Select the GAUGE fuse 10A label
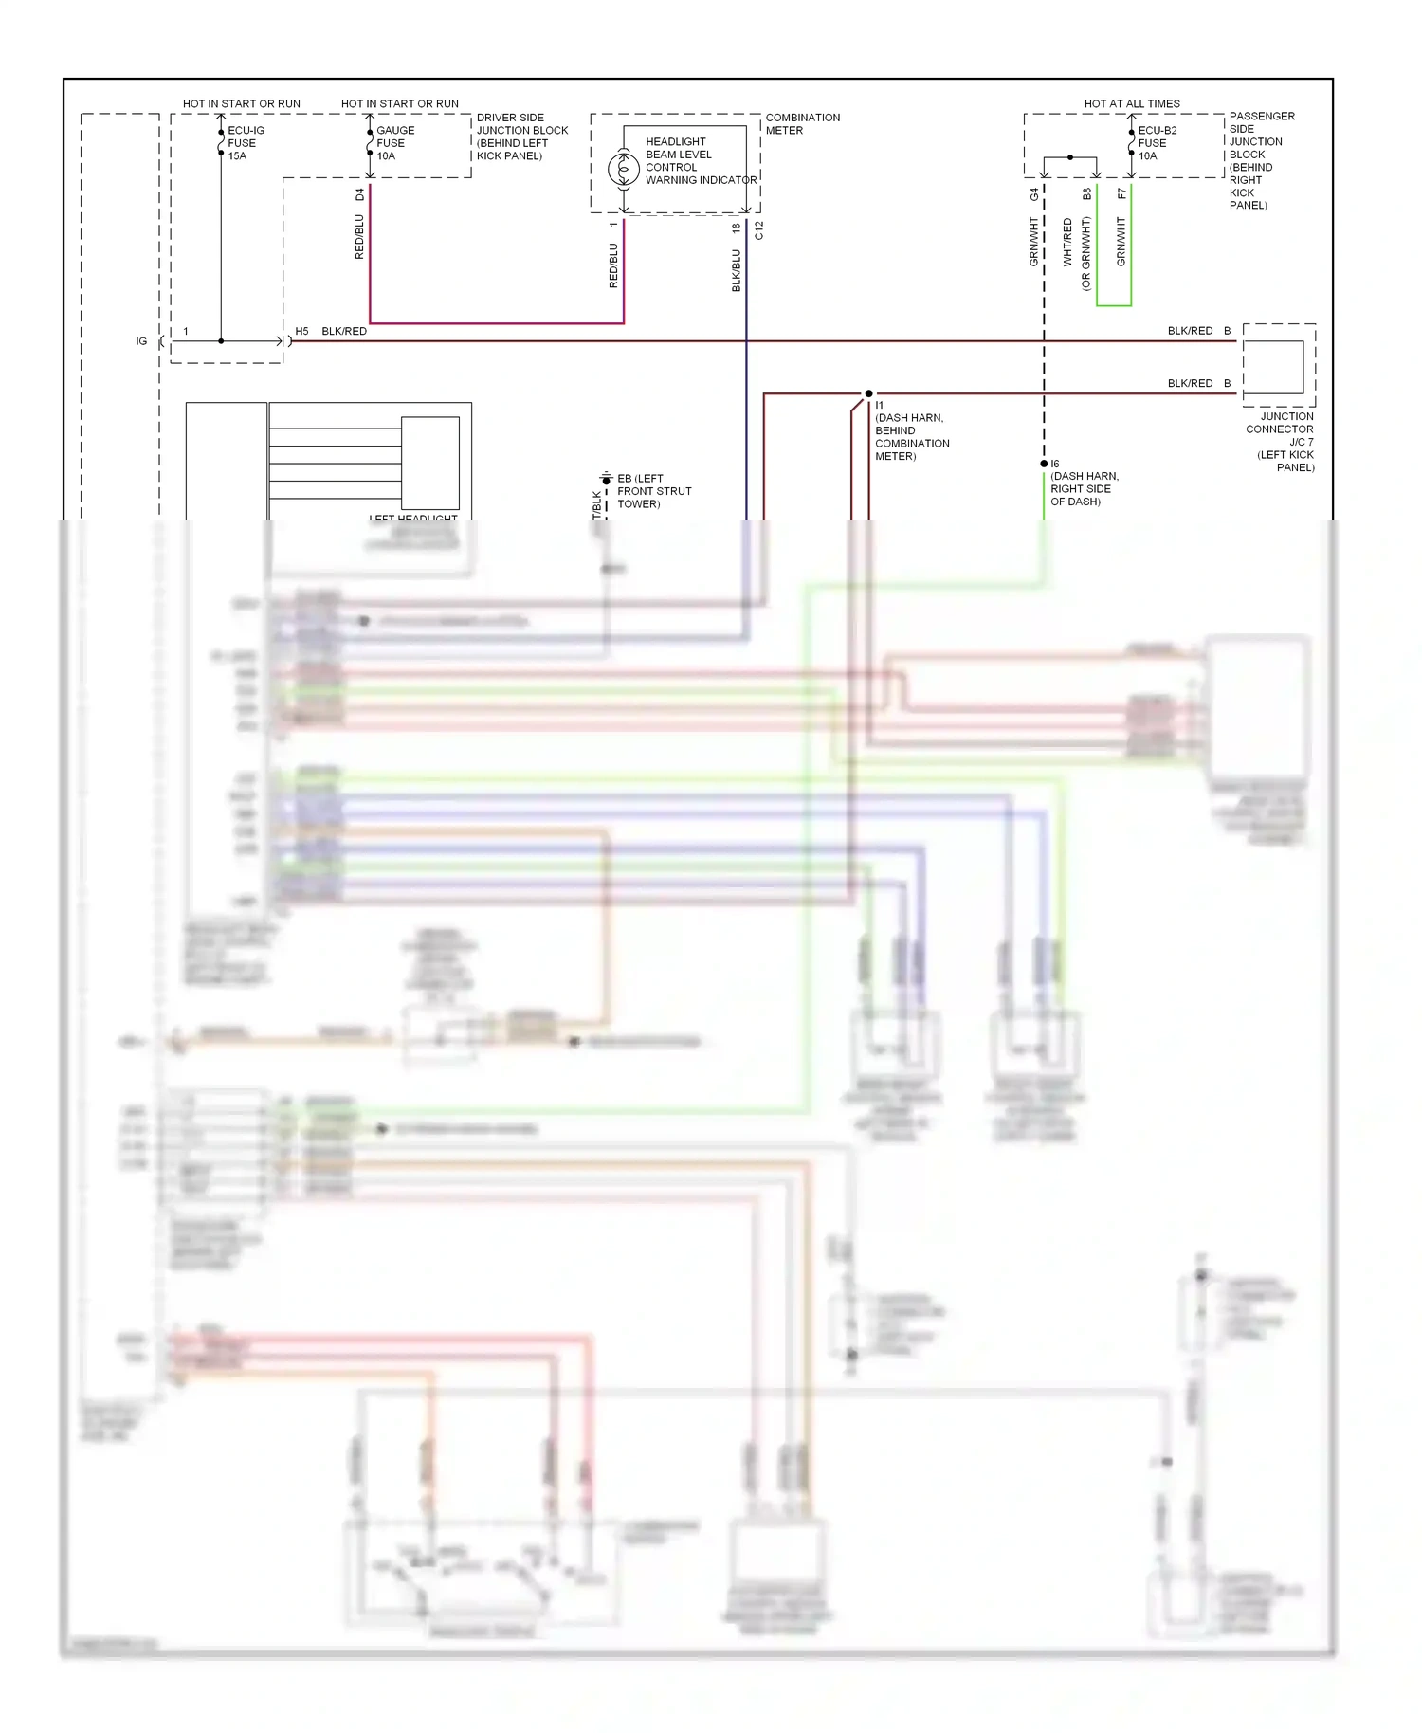394,143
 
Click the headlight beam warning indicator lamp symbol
624,170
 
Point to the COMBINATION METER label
802,124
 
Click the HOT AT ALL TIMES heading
1132,103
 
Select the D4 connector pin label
359,194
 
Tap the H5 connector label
301,331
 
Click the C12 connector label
758,230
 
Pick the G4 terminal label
1034,194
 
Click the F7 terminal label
1121,194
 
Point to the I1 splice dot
868,393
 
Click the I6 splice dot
1044,464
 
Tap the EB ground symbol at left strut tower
607,479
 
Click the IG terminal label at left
141,341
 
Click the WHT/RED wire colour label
1067,242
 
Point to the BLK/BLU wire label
737,270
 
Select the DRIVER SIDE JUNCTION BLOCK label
521,137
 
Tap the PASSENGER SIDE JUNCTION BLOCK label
1260,159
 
